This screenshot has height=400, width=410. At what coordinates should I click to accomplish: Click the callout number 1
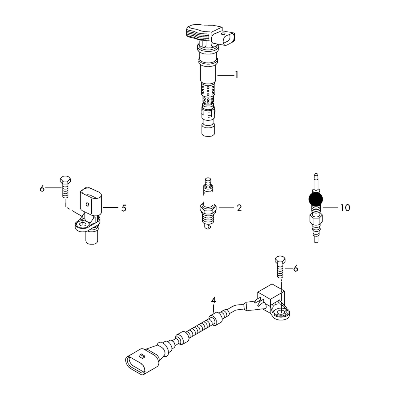pos(236,75)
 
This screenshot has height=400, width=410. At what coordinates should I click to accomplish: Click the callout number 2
pos(239,208)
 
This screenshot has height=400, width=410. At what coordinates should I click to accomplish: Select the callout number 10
pos(345,208)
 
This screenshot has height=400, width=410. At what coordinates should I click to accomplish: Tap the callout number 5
pos(124,208)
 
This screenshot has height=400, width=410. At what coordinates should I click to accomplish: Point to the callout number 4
pos(214,300)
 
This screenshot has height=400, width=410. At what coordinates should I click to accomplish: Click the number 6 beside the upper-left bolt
pos(42,188)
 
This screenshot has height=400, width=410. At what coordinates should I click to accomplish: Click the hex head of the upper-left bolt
pos(65,180)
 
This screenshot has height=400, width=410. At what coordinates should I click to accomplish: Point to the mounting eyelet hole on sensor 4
pos(281,313)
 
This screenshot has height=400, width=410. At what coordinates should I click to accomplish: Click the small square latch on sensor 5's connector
pos(88,204)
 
